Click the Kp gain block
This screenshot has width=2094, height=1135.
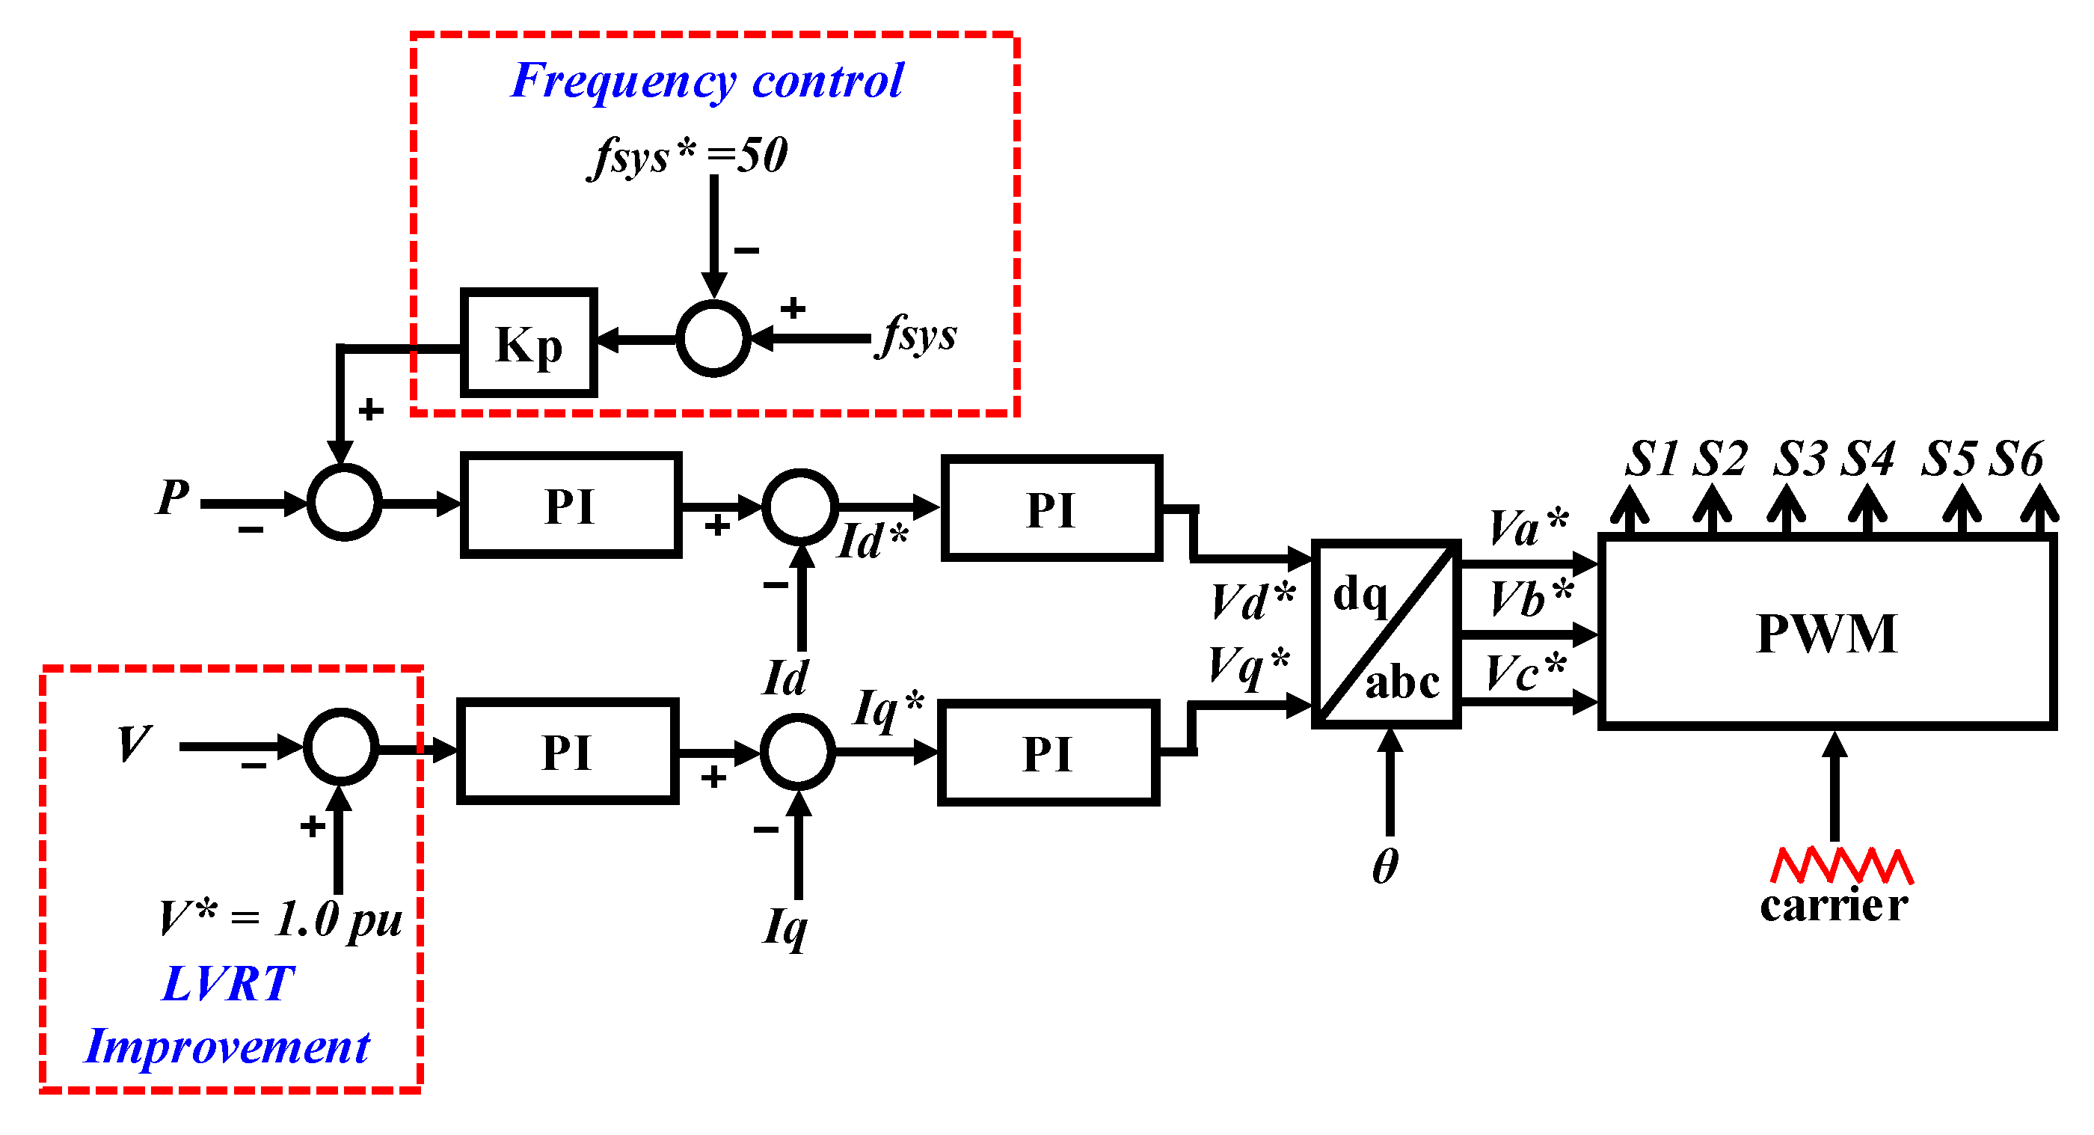tap(529, 343)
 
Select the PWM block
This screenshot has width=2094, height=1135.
tap(1826, 632)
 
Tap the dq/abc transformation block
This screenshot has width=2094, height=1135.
tap(1385, 634)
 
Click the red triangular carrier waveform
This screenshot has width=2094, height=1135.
tap(1840, 866)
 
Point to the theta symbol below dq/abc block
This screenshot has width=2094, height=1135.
tap(1385, 866)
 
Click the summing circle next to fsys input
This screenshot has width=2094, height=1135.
tap(713, 338)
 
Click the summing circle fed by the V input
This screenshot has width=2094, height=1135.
tap(340, 747)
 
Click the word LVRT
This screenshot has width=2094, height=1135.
tap(227, 984)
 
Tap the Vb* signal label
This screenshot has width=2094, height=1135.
tap(1532, 599)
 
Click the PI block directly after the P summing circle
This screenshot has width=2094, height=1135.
tap(570, 506)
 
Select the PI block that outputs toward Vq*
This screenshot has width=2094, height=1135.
tap(1048, 753)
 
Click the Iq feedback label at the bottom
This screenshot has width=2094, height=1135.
tap(785, 927)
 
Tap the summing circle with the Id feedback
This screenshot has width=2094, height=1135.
tap(800, 507)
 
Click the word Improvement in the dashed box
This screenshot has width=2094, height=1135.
tap(227, 1047)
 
